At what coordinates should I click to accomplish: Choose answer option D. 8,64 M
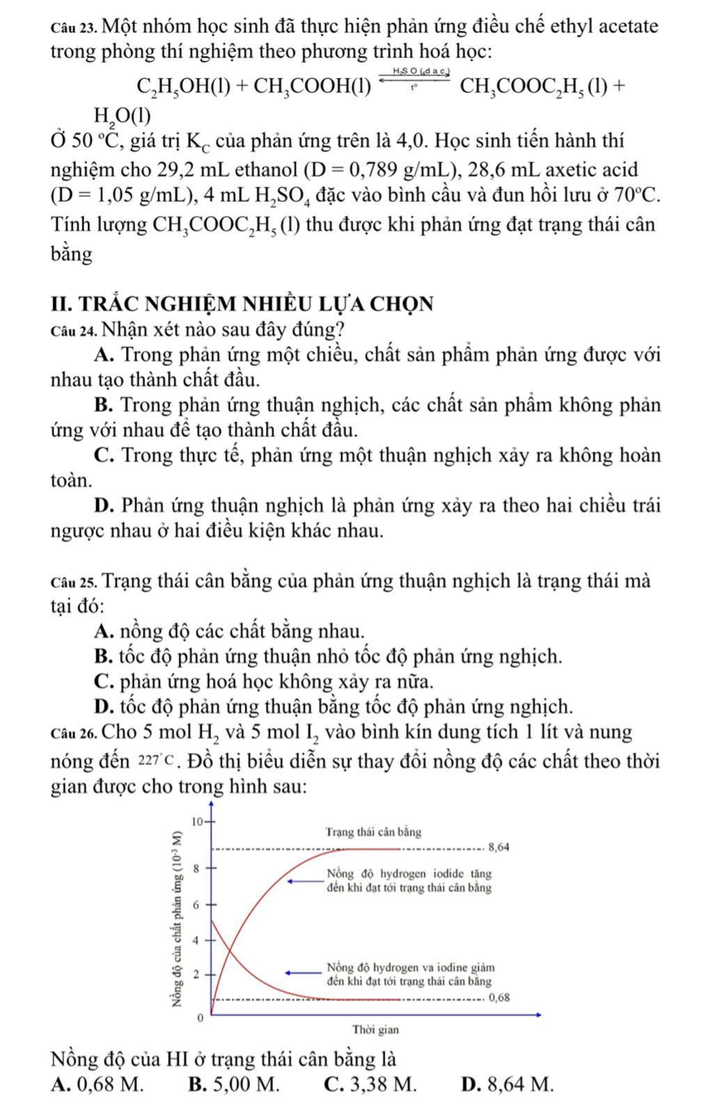tap(508, 1083)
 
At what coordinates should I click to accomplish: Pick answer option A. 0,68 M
tap(98, 1083)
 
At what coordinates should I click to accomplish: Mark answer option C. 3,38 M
tap(371, 1083)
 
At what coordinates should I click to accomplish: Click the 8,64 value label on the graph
tap(499, 848)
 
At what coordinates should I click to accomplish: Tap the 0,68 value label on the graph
tap(499, 997)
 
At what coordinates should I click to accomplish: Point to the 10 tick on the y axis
tap(198, 821)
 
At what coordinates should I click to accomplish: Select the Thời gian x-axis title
tap(376, 1029)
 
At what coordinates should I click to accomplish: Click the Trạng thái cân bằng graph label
tap(373, 832)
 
